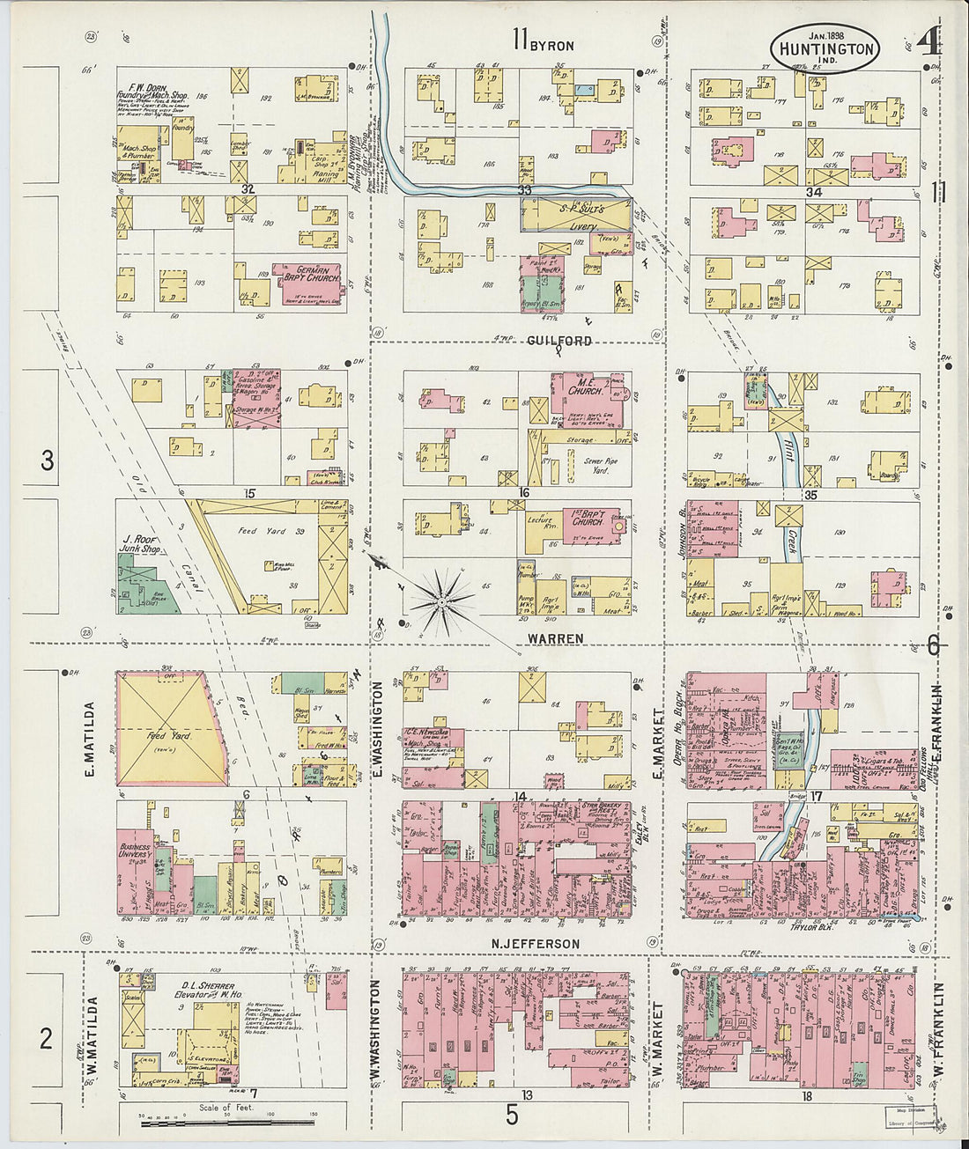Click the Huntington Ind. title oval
(x=825, y=48)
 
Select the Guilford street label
(x=559, y=341)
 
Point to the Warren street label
(x=555, y=637)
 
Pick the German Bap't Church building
(x=307, y=275)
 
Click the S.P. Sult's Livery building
(x=576, y=214)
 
